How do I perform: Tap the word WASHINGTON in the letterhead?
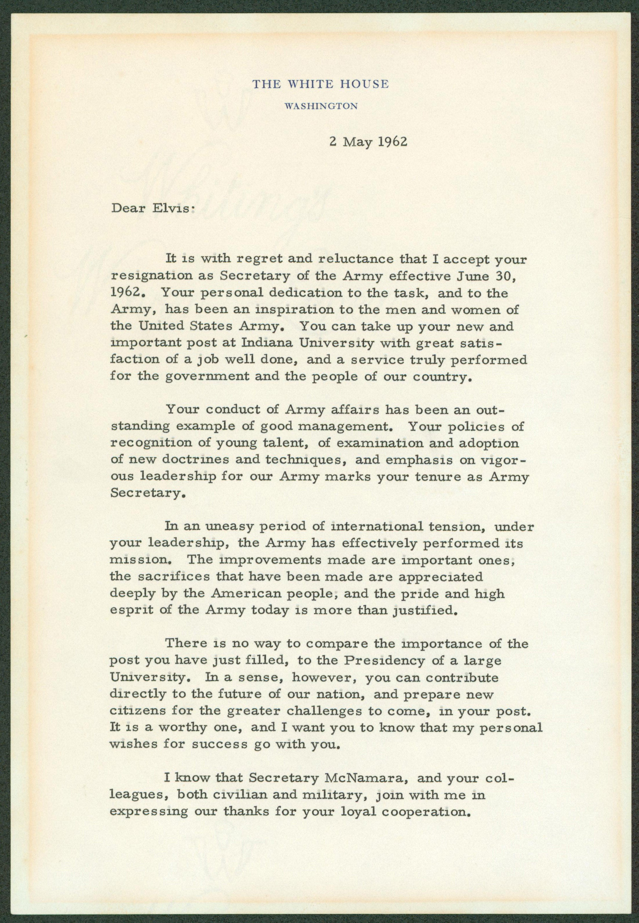pyautogui.click(x=321, y=106)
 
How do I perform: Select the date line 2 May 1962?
pyautogui.click(x=368, y=142)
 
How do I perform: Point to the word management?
pyautogui.click(x=343, y=427)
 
